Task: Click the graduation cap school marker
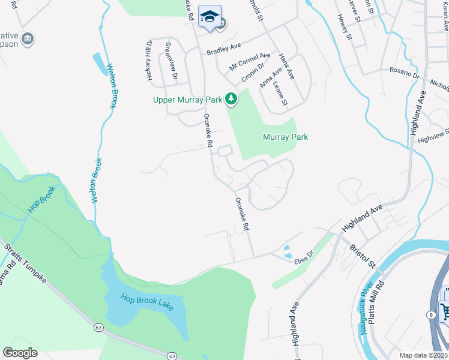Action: (209, 17)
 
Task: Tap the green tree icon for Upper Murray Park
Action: (231, 98)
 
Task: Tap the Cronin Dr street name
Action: (253, 73)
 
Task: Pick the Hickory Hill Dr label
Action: (149, 59)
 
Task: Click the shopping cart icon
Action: (445, 311)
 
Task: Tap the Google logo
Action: (20, 353)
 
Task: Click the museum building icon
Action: (27, 40)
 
